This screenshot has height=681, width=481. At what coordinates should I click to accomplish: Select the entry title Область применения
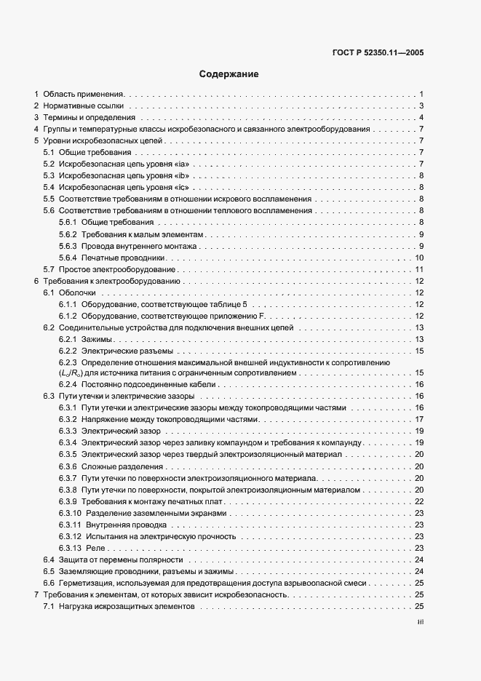pyautogui.click(x=84, y=94)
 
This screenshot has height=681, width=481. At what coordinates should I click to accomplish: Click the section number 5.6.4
pyautogui.click(x=68, y=258)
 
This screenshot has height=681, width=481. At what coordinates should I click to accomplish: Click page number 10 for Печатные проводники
pyautogui.click(x=419, y=258)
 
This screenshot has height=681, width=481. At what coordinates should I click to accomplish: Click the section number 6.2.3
pyautogui.click(x=68, y=362)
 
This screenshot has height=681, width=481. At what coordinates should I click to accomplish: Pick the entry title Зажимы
pyautogui.click(x=98, y=339)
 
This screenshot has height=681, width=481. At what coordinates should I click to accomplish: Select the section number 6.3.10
pyautogui.click(x=70, y=513)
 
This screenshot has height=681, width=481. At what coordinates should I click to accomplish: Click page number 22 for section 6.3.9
pyautogui.click(x=419, y=501)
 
